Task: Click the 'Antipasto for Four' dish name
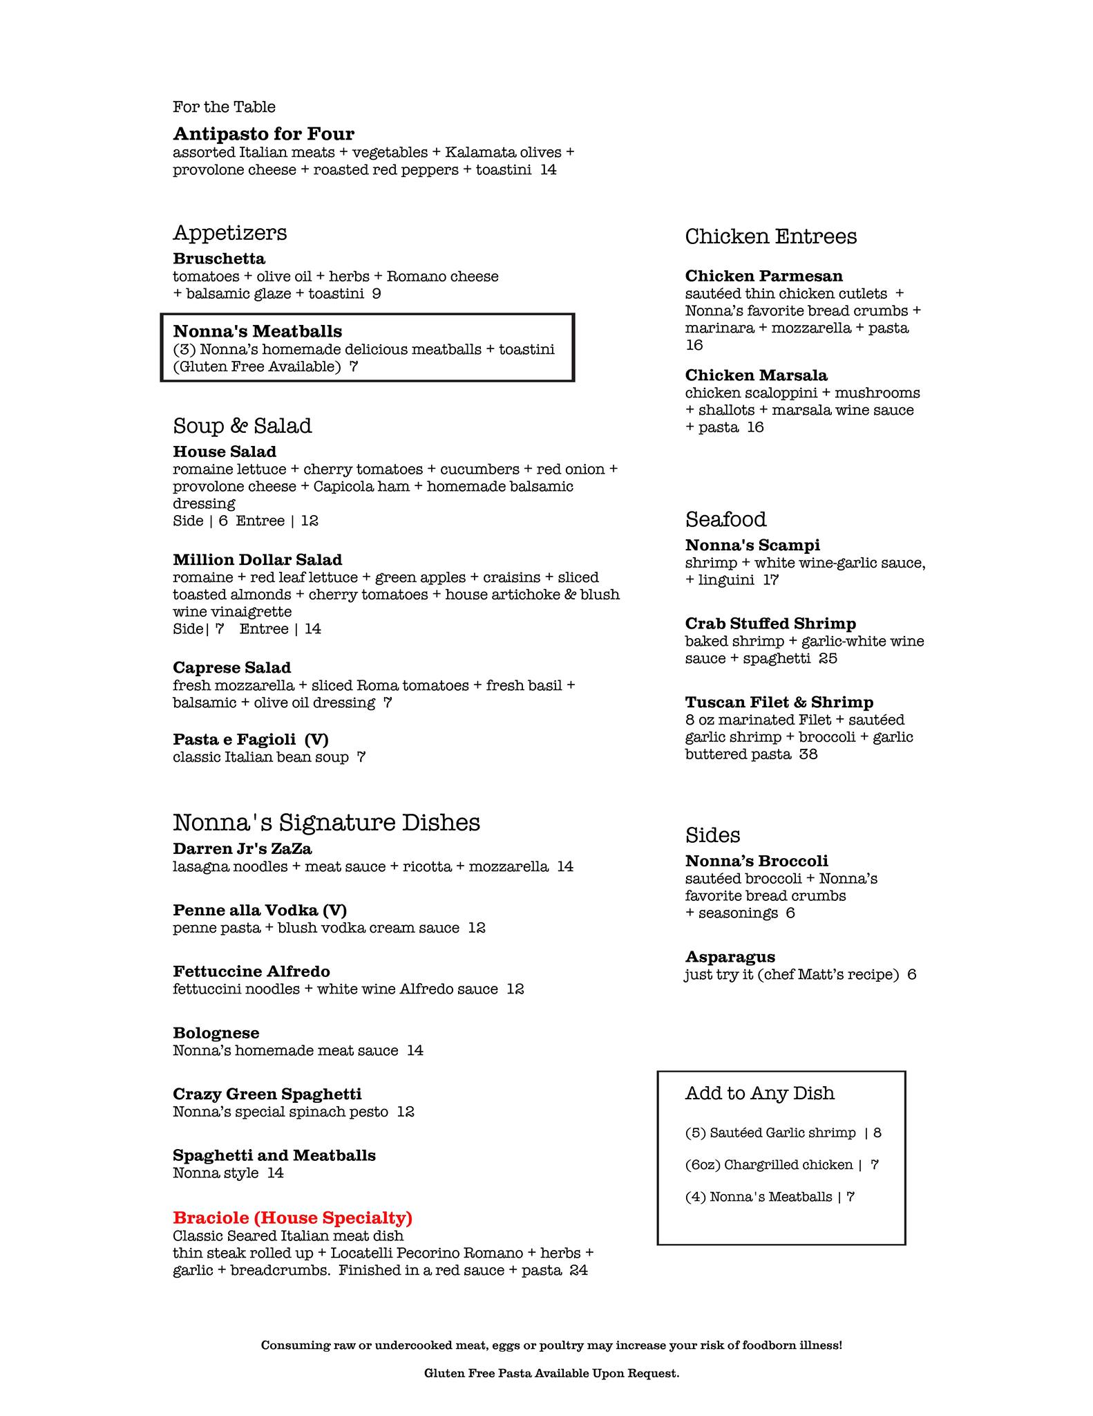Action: (263, 133)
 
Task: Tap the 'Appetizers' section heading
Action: (229, 232)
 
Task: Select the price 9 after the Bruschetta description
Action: (377, 294)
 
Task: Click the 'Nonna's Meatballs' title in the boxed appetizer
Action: (257, 332)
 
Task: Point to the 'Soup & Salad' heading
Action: (242, 425)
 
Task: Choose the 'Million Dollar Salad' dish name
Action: (257, 559)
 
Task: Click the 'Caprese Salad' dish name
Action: (231, 667)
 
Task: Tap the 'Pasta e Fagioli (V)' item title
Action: (250, 739)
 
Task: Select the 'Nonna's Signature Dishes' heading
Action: (326, 822)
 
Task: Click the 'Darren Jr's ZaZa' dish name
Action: (242, 848)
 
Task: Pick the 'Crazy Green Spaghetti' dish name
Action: (267, 1094)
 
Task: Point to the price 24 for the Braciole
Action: (578, 1270)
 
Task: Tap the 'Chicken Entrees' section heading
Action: (770, 236)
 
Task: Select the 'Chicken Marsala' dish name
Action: (756, 375)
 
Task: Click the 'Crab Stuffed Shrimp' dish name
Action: (770, 624)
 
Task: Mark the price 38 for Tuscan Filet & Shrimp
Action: (808, 754)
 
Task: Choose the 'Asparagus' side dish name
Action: (730, 957)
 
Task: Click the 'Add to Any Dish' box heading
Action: (759, 1093)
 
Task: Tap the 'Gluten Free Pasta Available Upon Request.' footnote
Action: (551, 1373)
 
